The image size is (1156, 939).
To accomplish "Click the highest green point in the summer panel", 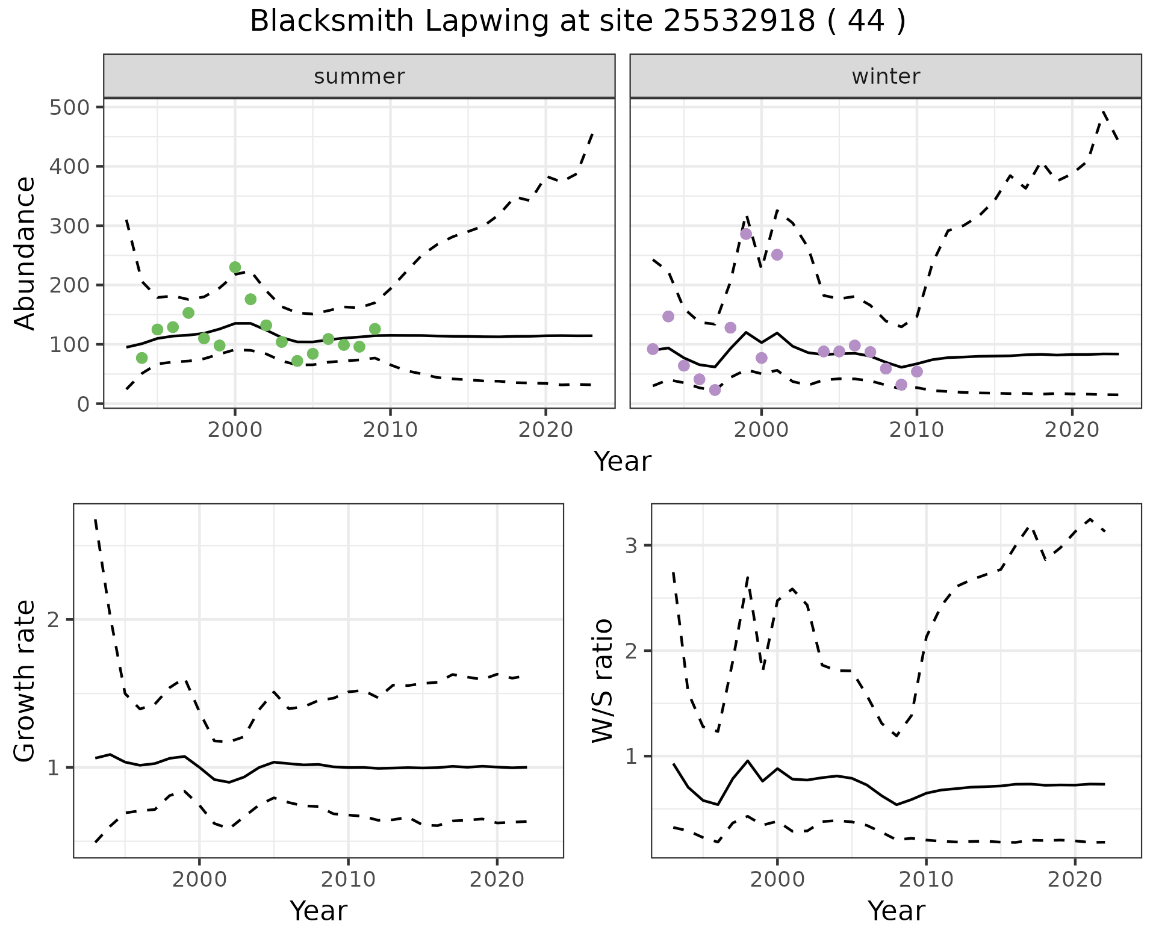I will point(235,267).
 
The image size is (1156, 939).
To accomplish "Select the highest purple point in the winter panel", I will point(746,234).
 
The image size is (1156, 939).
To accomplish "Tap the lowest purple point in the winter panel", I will point(715,390).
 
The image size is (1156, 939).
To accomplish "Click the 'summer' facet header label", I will point(359,76).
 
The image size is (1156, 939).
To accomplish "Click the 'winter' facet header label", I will point(886,76).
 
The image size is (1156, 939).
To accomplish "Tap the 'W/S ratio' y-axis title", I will point(603,681).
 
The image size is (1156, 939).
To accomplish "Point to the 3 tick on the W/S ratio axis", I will point(631,546).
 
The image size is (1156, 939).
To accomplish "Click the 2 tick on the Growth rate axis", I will point(53,621).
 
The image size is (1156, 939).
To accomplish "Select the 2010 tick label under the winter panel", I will point(916,430).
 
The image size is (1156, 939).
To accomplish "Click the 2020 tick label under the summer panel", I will point(545,430).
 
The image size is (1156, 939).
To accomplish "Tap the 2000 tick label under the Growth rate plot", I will point(199,880).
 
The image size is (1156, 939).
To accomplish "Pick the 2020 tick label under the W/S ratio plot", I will point(1075,880).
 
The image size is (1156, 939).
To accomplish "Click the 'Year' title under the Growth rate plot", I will point(319,911).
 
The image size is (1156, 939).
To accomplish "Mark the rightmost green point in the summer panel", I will point(375,329).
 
